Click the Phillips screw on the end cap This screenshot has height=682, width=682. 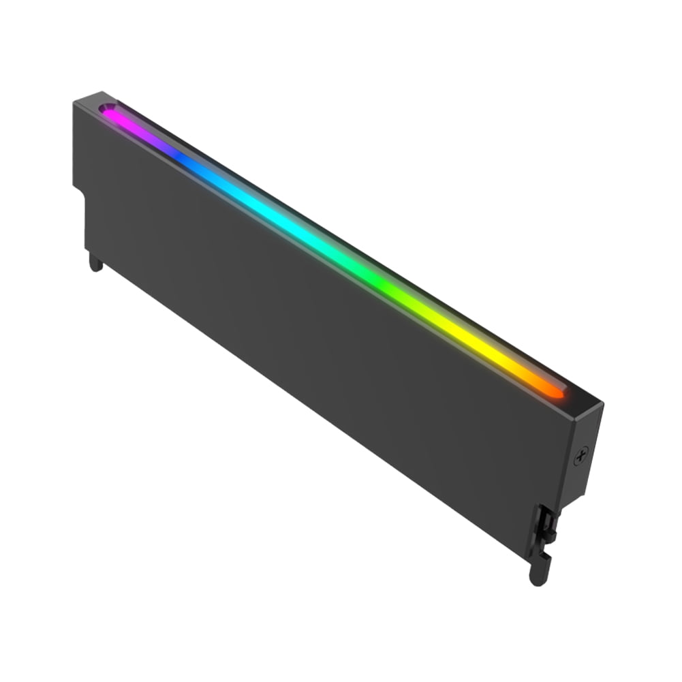click(x=581, y=456)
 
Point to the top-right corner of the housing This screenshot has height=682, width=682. click(x=602, y=403)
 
